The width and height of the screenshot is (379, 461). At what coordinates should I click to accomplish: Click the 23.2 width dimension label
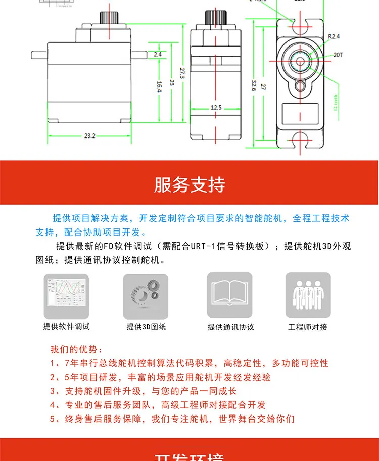(90, 136)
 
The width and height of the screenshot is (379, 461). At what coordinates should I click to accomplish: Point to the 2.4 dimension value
(158, 54)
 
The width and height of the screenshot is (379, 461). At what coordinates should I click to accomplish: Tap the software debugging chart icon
(66, 296)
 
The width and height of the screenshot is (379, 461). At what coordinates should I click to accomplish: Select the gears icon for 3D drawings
(146, 296)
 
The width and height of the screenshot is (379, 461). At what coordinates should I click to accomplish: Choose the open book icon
(229, 296)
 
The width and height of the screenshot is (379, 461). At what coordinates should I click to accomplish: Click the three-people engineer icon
(308, 296)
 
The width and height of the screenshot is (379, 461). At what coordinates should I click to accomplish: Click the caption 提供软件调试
(66, 327)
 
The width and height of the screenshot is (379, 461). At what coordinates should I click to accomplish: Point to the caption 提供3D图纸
(146, 327)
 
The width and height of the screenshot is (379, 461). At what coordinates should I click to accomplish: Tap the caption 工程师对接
(308, 327)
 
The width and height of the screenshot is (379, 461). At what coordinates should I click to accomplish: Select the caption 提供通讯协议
(231, 327)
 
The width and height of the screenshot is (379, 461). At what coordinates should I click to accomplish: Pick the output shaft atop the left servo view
(109, 20)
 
